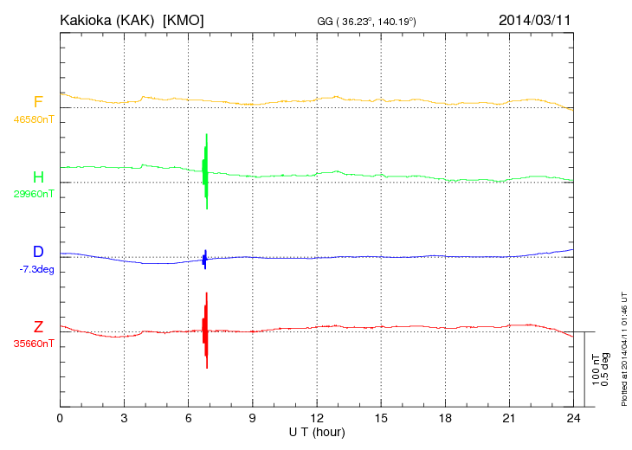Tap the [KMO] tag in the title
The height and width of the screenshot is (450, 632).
(x=184, y=19)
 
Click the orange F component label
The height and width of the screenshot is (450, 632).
(x=38, y=102)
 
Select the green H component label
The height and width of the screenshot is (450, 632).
(x=38, y=177)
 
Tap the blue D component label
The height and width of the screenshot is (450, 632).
(x=38, y=252)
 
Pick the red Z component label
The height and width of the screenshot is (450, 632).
(x=38, y=327)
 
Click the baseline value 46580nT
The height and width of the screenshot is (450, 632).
(x=33, y=119)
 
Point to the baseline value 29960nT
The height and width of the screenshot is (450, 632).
(x=33, y=194)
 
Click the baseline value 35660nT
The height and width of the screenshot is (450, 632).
(x=33, y=344)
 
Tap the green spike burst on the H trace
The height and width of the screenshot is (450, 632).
(x=205, y=171)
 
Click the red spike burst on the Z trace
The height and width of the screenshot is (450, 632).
(x=205, y=331)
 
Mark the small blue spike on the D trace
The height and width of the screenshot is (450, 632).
(x=204, y=259)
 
